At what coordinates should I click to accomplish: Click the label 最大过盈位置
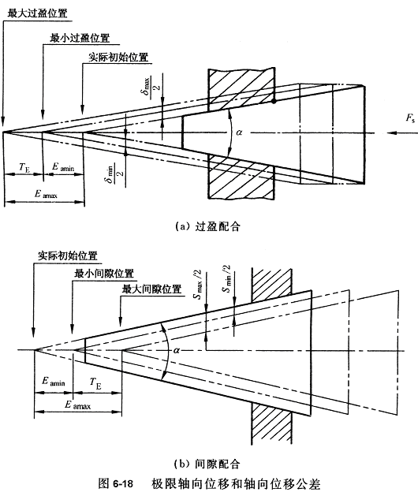(37, 13)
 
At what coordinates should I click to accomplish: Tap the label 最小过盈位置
(80, 38)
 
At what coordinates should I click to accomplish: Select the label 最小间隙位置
(104, 274)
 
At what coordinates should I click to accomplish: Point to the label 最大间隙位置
(151, 289)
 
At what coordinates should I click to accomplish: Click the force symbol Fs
(410, 118)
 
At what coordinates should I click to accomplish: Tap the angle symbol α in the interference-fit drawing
(239, 132)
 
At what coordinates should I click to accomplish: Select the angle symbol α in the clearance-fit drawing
(177, 350)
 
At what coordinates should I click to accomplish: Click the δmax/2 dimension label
(151, 86)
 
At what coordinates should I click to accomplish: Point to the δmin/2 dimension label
(114, 173)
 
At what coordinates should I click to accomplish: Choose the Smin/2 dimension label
(227, 278)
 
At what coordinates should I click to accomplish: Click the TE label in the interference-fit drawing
(24, 167)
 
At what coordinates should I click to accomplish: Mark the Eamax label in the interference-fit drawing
(47, 194)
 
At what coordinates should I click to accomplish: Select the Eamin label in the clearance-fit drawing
(54, 381)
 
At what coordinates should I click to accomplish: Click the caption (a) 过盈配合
(207, 226)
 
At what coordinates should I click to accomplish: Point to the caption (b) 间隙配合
(207, 464)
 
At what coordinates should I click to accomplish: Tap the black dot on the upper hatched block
(274, 101)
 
